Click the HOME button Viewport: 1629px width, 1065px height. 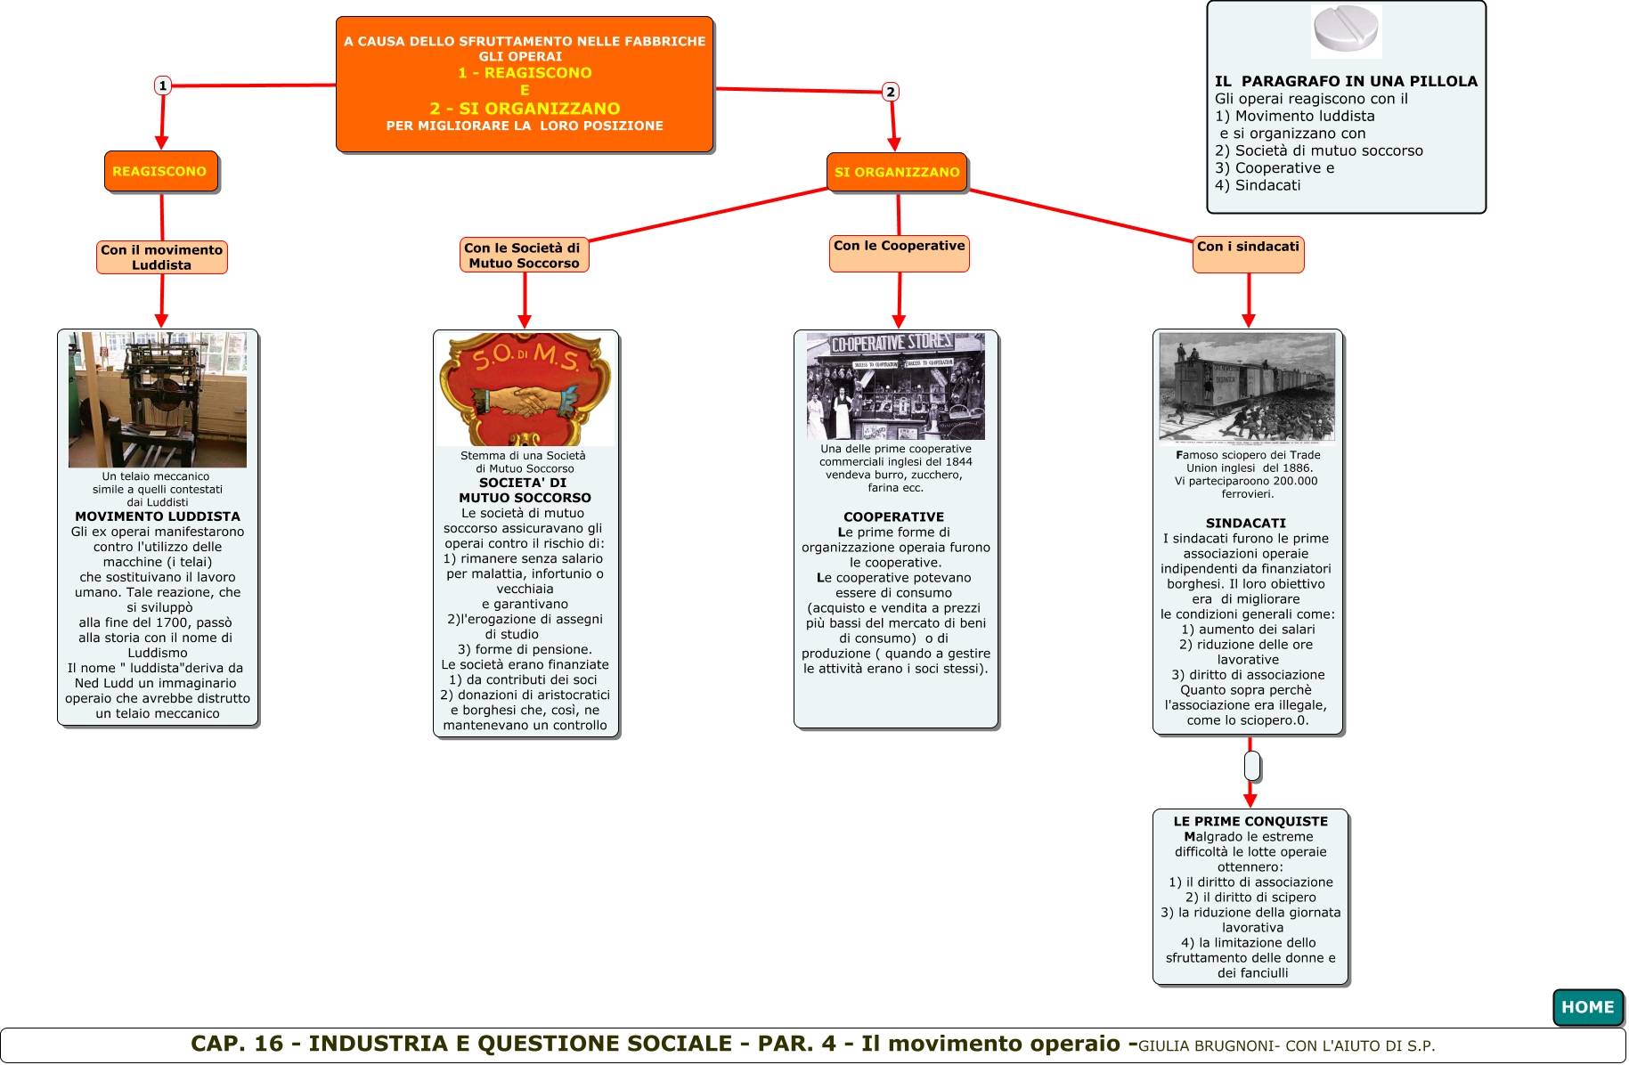(1587, 1007)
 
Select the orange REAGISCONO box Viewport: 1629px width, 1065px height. (160, 171)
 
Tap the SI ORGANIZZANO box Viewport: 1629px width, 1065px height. (897, 172)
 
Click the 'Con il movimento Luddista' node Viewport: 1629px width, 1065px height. (162, 257)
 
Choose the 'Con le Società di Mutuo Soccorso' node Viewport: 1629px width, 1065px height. (524, 255)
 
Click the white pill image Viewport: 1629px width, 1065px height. (1346, 30)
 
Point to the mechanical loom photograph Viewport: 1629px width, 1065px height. (158, 399)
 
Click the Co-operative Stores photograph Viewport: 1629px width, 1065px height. (895, 386)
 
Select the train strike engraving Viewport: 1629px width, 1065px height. (1247, 386)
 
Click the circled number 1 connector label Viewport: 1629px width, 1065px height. (163, 85)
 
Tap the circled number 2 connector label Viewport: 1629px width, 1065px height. (890, 92)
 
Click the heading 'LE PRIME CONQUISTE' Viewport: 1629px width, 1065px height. (1250, 821)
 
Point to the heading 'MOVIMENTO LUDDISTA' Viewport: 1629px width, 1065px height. (158, 516)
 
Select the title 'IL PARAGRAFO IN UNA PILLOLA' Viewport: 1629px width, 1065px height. (1346, 81)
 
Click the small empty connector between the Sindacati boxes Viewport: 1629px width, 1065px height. (1251, 766)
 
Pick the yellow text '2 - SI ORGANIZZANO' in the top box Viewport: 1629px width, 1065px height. (525, 109)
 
